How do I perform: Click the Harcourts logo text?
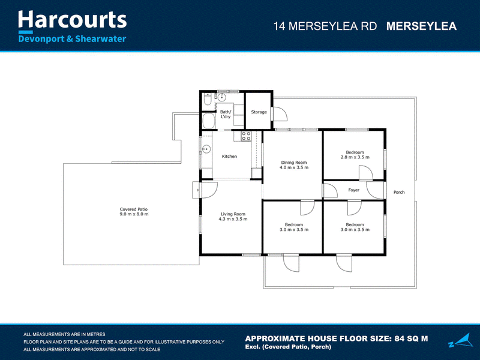tap(72, 20)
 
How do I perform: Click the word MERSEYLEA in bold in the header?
tap(421, 26)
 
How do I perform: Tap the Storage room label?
tap(259, 112)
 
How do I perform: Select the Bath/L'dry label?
tap(226, 114)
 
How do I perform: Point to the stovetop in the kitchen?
tap(246, 136)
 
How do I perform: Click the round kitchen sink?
tap(206, 149)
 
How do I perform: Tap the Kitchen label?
tap(229, 157)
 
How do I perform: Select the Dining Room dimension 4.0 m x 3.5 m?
tap(294, 167)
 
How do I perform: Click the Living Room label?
tap(233, 214)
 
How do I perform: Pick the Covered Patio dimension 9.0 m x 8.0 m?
tap(134, 214)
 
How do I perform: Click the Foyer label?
tap(353, 190)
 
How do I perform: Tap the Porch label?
tap(399, 192)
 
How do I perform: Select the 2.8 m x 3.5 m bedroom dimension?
tap(355, 157)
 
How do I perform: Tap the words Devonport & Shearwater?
tap(72, 39)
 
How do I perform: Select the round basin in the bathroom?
tap(221, 98)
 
